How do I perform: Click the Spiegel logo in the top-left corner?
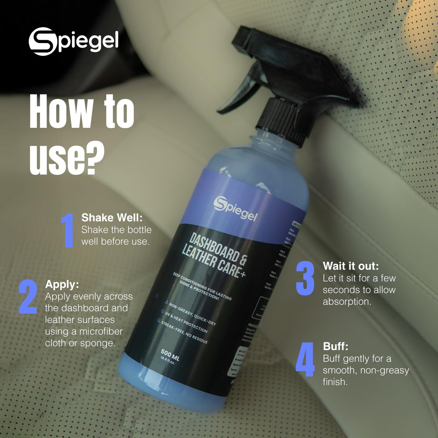point(73,41)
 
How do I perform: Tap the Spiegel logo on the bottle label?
point(235,209)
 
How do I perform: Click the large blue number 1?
point(68,230)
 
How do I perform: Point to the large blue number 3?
point(305,278)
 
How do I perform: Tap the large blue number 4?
point(305,359)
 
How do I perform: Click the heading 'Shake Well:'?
point(112,218)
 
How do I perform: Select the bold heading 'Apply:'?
point(62,284)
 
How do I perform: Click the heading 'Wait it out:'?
point(351,266)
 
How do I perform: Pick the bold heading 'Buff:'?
point(336,346)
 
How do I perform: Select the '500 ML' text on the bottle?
point(170,355)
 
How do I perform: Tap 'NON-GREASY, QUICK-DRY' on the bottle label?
point(192,314)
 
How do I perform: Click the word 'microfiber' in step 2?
point(101,332)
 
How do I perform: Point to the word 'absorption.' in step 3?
point(347,302)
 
